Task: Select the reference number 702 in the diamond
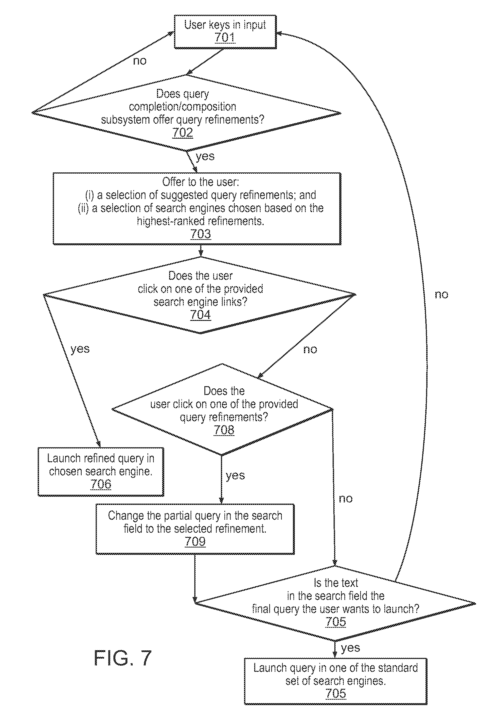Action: [x=183, y=133]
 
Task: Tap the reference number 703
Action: [x=200, y=234]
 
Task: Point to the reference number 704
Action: [x=200, y=315]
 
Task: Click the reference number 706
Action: [x=101, y=484]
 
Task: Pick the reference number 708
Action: [x=224, y=430]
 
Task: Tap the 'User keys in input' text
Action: [x=225, y=25]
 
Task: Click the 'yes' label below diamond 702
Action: [x=205, y=156]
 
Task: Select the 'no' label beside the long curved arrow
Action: [x=441, y=295]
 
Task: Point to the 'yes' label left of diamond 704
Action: [x=80, y=349]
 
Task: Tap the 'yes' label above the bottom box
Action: [x=350, y=648]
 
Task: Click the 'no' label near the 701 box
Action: [x=140, y=61]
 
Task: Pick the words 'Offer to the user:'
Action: [x=200, y=182]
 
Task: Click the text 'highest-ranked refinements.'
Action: [x=200, y=221]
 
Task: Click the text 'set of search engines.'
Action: [x=336, y=681]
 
